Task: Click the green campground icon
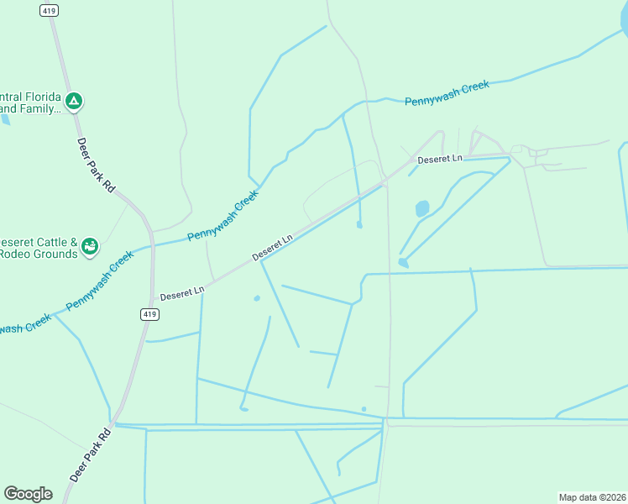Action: pos(74,102)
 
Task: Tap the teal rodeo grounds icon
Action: pos(90,246)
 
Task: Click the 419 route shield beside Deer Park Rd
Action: pos(148,314)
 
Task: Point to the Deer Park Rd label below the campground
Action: pos(96,165)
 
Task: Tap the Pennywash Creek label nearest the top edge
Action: pos(447,93)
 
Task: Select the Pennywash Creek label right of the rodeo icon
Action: pos(222,216)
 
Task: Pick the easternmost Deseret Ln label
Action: pos(440,159)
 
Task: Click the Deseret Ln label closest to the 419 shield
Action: pos(182,293)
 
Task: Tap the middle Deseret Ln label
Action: pos(273,246)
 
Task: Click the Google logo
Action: pos(28,494)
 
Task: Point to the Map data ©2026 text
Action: pos(593,496)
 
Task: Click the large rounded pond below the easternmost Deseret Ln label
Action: pos(421,207)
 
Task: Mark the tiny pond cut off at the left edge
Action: pos(4,119)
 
